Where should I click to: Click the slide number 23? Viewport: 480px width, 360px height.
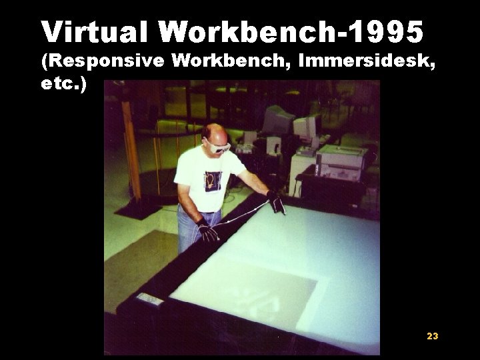coord(432,336)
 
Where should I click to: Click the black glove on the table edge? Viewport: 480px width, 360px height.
coord(276,202)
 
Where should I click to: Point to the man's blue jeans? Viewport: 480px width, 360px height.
coord(190,230)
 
